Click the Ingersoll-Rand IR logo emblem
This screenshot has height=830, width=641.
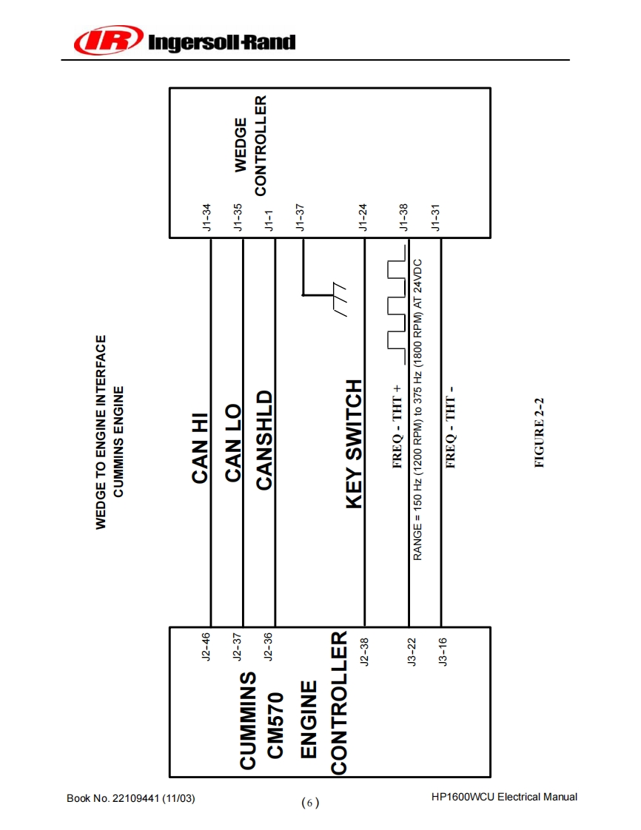[108, 40]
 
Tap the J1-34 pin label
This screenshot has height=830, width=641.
[208, 217]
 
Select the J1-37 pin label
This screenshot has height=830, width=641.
[301, 217]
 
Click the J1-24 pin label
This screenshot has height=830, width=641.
[363, 217]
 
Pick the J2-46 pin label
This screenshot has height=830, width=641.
[207, 646]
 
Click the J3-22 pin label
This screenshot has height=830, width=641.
[412, 652]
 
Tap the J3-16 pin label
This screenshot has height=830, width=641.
[443, 652]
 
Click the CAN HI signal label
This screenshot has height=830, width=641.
[200, 448]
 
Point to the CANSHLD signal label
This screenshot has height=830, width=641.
[264, 440]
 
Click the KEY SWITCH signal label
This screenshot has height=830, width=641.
[355, 444]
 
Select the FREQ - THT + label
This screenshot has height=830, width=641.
[397, 427]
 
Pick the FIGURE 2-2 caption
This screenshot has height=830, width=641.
[540, 433]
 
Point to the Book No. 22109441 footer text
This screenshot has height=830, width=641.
[131, 798]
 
